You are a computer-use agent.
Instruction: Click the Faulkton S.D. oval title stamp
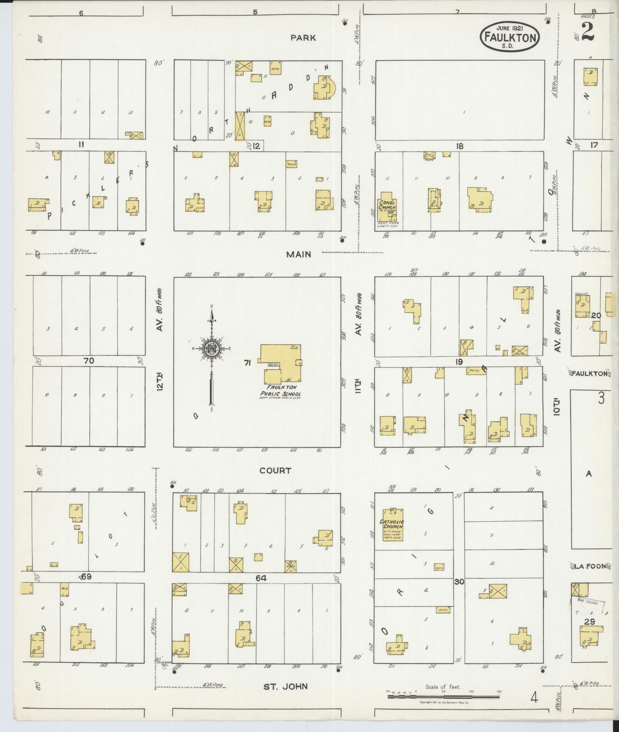pyautogui.click(x=510, y=37)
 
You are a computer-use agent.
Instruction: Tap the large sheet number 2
pyautogui.click(x=588, y=32)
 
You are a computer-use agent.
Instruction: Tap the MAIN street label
pyautogui.click(x=298, y=255)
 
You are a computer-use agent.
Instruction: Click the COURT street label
pyautogui.click(x=275, y=471)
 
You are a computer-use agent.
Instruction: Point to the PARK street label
pyautogui.click(x=303, y=38)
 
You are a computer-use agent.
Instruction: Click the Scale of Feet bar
pyautogui.click(x=443, y=697)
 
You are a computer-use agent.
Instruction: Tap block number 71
pyautogui.click(x=248, y=364)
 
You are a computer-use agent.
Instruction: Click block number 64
pyautogui.click(x=261, y=578)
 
